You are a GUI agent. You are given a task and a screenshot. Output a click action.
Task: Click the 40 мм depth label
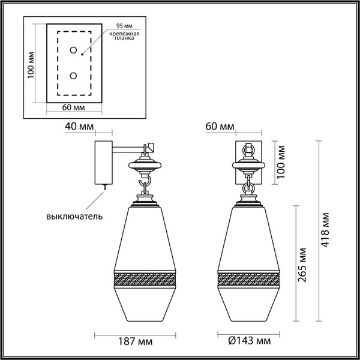[79, 127]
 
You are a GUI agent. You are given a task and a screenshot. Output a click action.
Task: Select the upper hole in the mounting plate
[73, 50]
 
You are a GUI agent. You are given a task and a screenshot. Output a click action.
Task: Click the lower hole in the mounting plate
[73, 76]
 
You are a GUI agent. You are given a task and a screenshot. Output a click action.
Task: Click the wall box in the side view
[101, 162]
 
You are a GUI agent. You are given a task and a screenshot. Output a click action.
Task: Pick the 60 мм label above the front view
[220, 127]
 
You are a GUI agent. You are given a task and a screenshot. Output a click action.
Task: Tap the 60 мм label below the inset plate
[73, 107]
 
